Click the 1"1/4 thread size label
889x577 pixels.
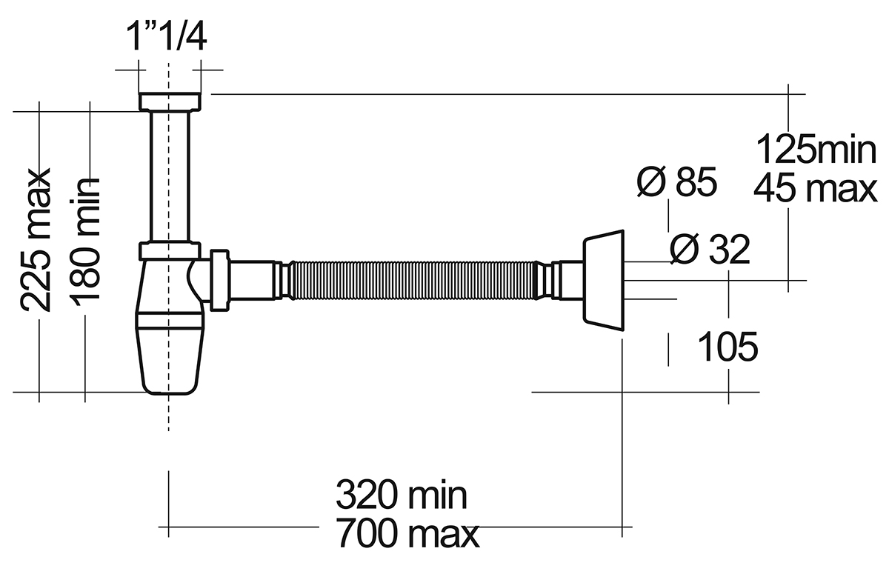click(x=166, y=37)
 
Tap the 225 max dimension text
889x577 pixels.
click(x=36, y=241)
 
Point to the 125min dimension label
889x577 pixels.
click(x=816, y=149)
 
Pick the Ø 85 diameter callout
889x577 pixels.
click(x=677, y=182)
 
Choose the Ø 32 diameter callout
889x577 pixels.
click(x=710, y=249)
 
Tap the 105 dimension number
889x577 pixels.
click(x=727, y=347)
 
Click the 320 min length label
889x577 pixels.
click(x=402, y=495)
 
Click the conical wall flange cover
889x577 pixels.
click(x=603, y=280)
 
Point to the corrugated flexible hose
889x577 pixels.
click(x=413, y=280)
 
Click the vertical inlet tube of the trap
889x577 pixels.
click(x=170, y=176)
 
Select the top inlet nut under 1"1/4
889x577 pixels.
click(x=170, y=101)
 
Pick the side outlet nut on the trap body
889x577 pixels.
click(x=219, y=280)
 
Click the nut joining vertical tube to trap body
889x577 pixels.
click(x=170, y=250)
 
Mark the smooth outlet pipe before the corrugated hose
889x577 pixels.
click(x=253, y=280)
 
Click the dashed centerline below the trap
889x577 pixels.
click(x=169, y=413)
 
